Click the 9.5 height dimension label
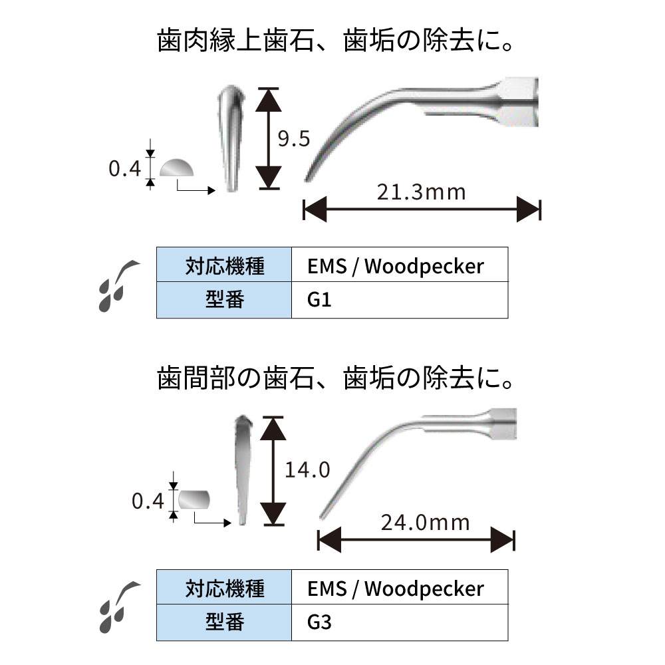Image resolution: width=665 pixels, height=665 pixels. pos(294,140)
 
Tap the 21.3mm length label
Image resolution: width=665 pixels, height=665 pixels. pos(421,193)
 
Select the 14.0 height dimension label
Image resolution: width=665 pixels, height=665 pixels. pos(307,470)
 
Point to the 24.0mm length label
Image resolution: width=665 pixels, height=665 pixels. pos(425,522)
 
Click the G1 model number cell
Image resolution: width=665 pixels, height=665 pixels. pos(400,301)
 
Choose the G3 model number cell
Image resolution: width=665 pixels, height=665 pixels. pos(400,623)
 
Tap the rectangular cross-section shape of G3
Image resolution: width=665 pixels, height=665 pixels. pos(194,499)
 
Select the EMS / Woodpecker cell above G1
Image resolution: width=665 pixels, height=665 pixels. pos(400,266)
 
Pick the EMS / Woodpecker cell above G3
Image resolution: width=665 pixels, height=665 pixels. pos(400,588)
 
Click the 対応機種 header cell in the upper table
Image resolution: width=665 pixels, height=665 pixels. pos(224,266)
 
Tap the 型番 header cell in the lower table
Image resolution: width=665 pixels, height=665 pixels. pos(224,623)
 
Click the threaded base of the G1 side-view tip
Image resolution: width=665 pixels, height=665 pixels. pos(519,102)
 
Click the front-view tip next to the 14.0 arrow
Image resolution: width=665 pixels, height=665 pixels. pos(243,469)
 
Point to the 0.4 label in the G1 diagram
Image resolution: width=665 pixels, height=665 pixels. pos(125,170)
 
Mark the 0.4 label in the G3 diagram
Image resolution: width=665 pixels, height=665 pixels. pos(148,501)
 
